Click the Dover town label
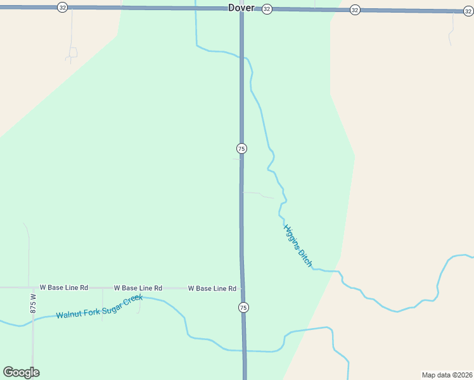pos(241,8)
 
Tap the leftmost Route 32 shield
pos(62,7)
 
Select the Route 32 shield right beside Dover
pos(267,9)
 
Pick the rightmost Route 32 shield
pos(468,11)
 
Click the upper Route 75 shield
pos(241,148)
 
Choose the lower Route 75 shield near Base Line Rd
pos(243,307)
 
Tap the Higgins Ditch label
pos(298,246)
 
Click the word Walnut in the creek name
pos(69,313)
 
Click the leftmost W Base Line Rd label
pos(63,288)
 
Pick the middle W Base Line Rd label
pos(138,288)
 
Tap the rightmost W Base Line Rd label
pos(212,289)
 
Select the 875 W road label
pos(34,303)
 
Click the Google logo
pos(21,372)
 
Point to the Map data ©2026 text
pos(447,375)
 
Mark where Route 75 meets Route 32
pos(241,9)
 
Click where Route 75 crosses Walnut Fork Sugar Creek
pos(244,350)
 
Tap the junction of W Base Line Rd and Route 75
pos(241,289)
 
